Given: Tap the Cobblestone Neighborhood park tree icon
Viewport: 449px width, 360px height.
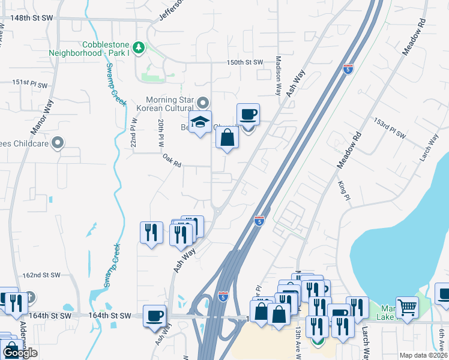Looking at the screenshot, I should point(139,47).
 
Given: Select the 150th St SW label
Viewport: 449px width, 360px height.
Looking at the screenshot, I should point(245,62).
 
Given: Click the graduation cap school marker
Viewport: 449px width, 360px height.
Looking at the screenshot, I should point(200,123).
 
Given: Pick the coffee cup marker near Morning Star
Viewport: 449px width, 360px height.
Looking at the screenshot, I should point(248,114).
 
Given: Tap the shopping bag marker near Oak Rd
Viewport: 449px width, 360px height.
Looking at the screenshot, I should point(228,139).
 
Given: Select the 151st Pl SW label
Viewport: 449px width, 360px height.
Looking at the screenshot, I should point(29,83).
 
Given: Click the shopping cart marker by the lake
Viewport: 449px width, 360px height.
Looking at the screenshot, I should point(408,308).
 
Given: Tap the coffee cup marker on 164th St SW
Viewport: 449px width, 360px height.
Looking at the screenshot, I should point(155,316).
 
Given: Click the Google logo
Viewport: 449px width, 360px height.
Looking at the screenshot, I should point(20,353).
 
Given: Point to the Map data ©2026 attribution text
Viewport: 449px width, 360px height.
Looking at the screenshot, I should point(423,355).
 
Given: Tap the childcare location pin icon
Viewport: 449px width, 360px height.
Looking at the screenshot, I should point(58,143).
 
